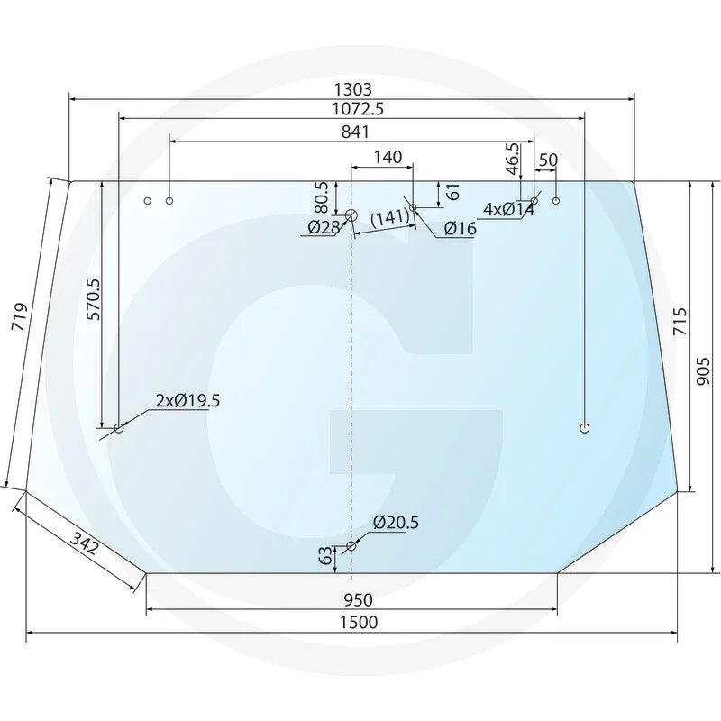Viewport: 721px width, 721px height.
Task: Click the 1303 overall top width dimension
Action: click(x=352, y=88)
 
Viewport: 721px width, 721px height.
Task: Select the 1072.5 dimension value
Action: click(x=358, y=109)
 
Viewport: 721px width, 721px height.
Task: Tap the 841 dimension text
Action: click(x=355, y=132)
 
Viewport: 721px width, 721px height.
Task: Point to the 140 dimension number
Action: click(x=388, y=157)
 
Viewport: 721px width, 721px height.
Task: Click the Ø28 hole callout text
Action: click(x=324, y=227)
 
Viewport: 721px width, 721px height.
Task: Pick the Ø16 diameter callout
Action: click(x=461, y=229)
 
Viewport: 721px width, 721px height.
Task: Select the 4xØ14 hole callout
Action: click(x=509, y=210)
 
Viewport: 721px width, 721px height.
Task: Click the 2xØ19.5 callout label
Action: click(x=187, y=401)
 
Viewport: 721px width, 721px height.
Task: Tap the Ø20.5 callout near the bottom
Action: click(x=396, y=523)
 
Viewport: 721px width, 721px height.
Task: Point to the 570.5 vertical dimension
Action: click(x=93, y=299)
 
